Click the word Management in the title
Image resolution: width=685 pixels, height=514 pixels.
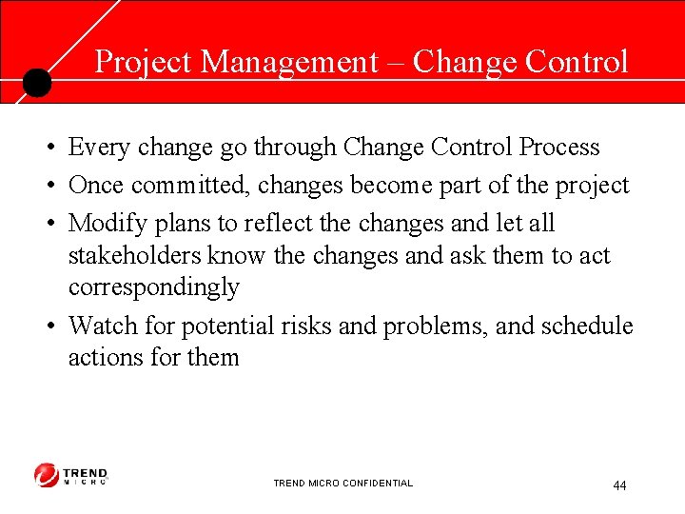point(290,62)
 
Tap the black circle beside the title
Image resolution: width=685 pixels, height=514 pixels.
point(36,83)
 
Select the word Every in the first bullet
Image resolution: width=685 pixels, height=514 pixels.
point(100,148)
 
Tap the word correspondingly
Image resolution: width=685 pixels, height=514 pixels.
point(153,287)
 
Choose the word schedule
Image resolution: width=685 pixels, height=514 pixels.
point(586,326)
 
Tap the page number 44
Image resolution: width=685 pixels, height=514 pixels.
point(619,486)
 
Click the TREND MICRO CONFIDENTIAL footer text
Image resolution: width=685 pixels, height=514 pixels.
point(342,484)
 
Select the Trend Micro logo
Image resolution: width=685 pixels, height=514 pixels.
point(71,476)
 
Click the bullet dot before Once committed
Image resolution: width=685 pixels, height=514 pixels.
point(47,187)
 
